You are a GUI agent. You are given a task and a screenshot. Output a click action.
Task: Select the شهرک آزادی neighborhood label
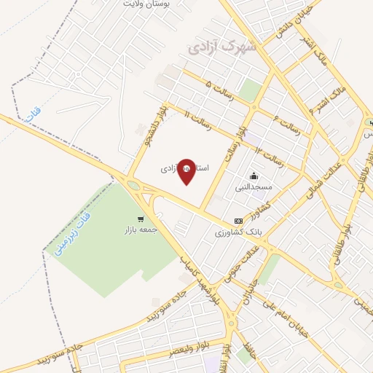click(222, 48)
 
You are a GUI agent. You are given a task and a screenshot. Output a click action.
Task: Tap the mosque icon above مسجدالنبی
click(254, 176)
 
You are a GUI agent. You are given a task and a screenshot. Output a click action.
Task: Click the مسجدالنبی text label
click(253, 187)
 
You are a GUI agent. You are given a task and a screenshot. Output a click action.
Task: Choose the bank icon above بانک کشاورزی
click(238, 221)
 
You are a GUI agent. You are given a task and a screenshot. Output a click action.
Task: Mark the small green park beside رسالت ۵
click(250, 90)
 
